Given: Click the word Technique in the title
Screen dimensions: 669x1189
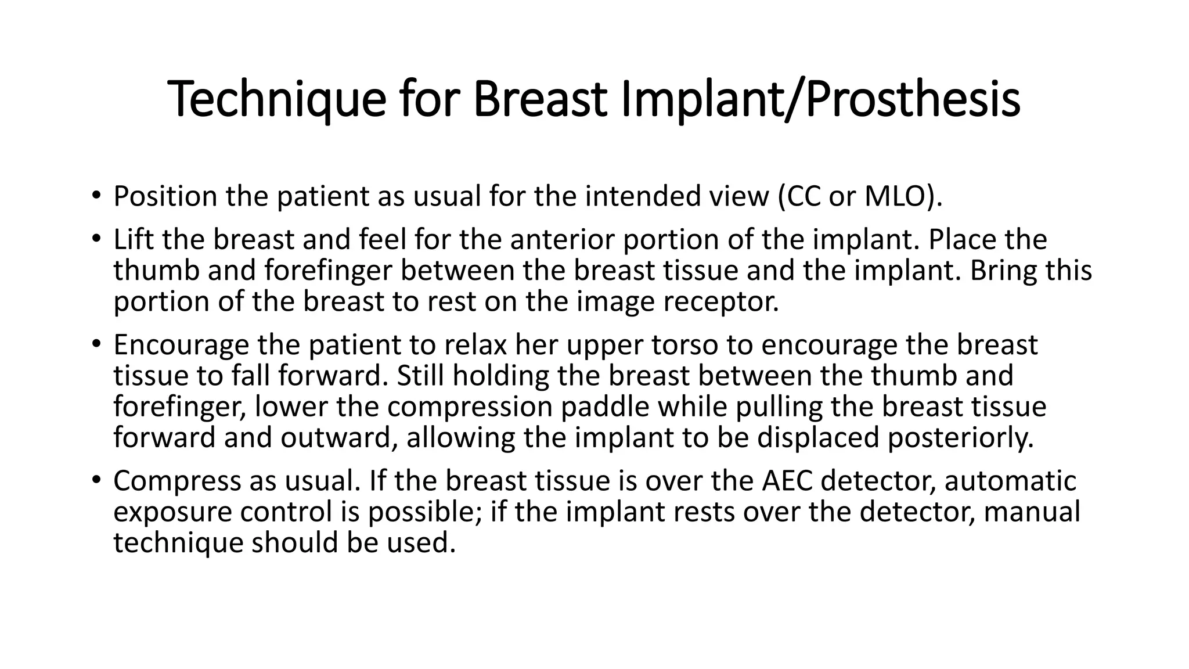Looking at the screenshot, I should tap(276, 100).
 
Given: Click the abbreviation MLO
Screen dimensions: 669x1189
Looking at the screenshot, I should tap(898, 196).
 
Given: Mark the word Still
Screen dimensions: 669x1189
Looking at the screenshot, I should tap(420, 376).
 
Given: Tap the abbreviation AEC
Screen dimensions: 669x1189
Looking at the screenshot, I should tap(786, 481).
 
